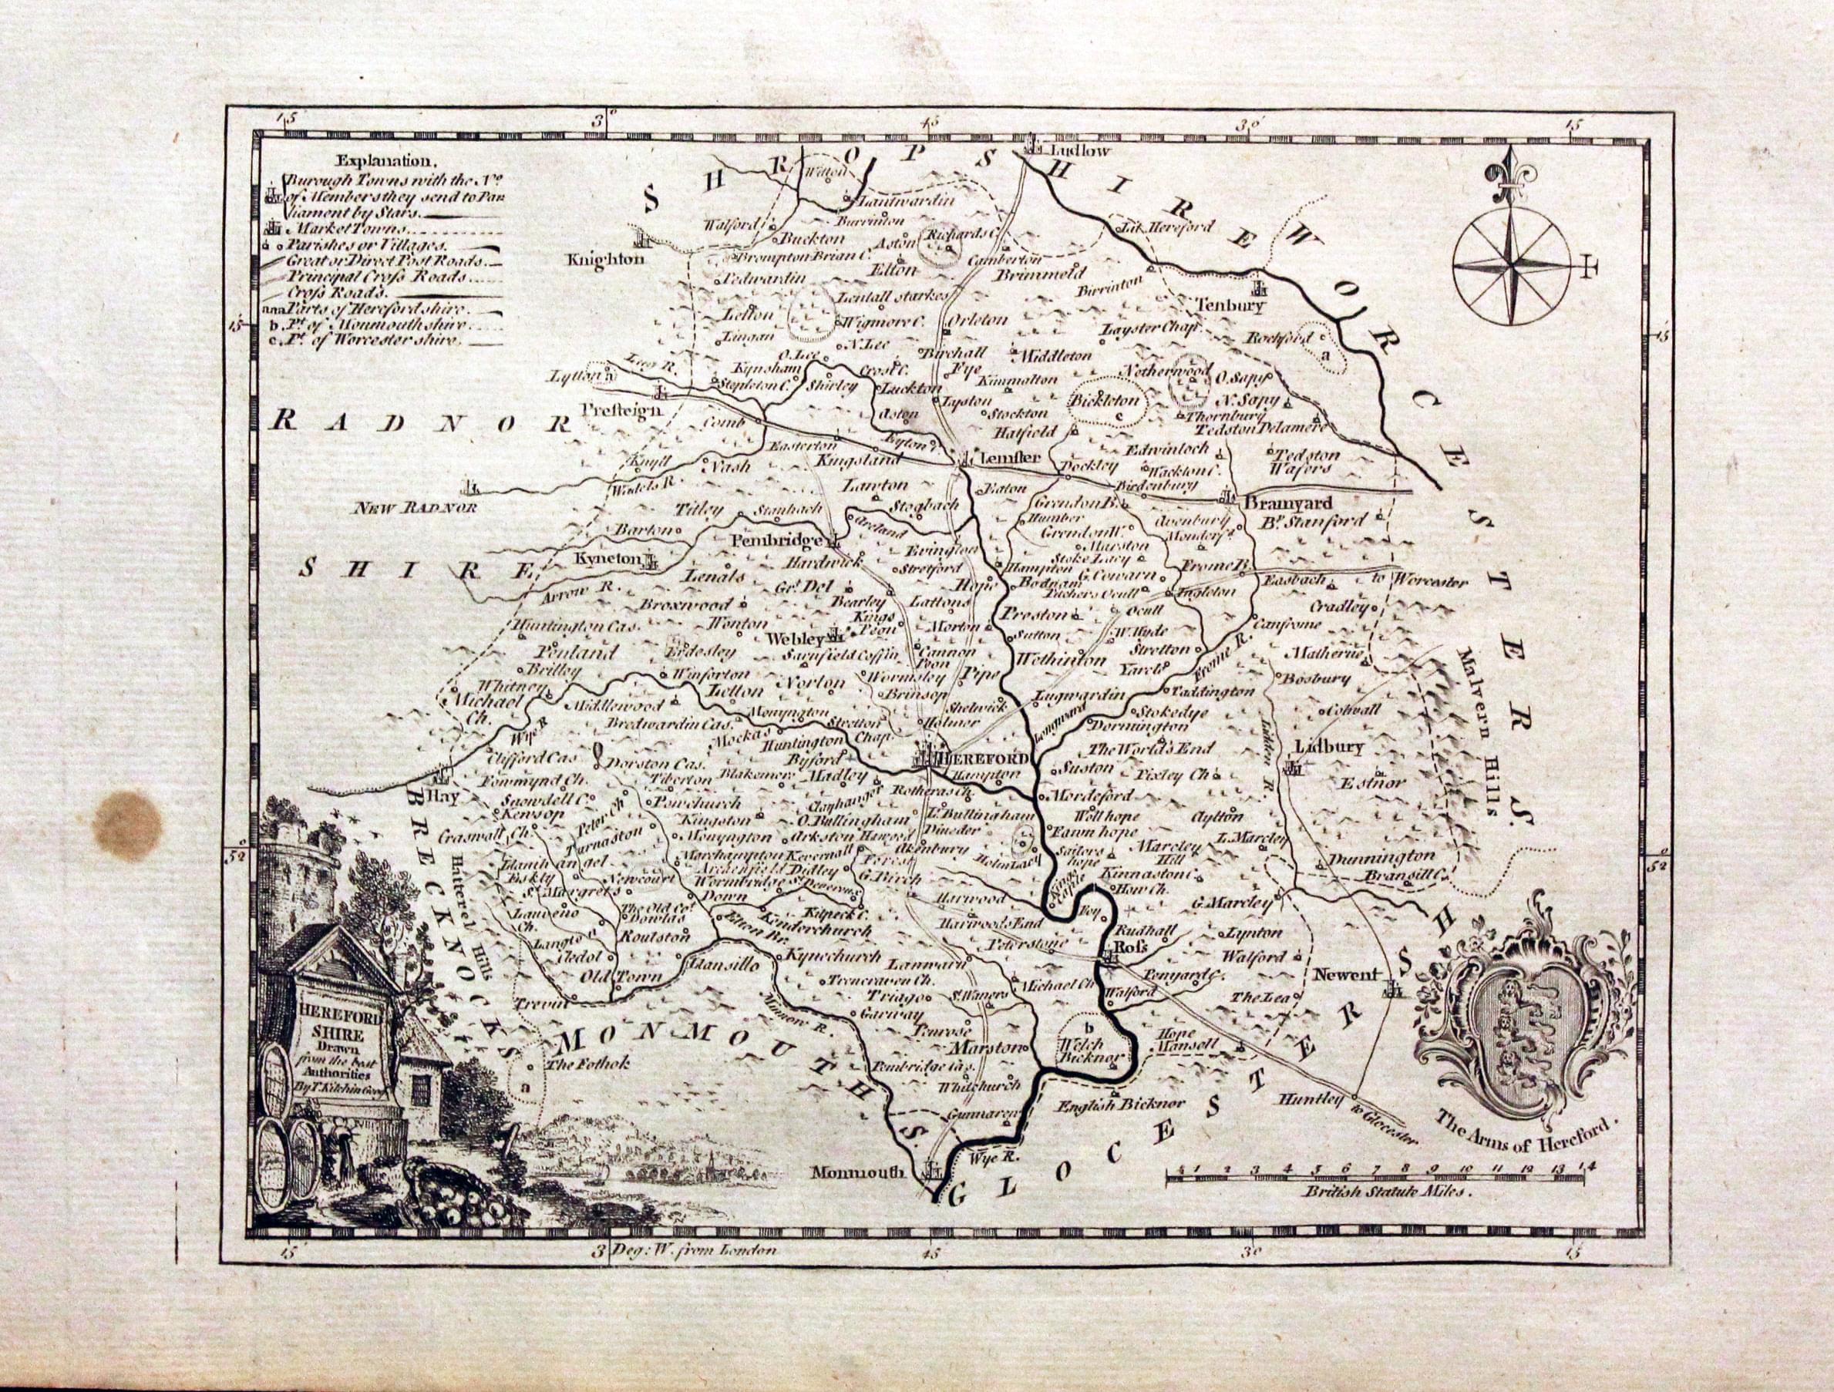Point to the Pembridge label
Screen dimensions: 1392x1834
[x=778, y=540]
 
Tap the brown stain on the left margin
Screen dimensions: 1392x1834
[x=128, y=825]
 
